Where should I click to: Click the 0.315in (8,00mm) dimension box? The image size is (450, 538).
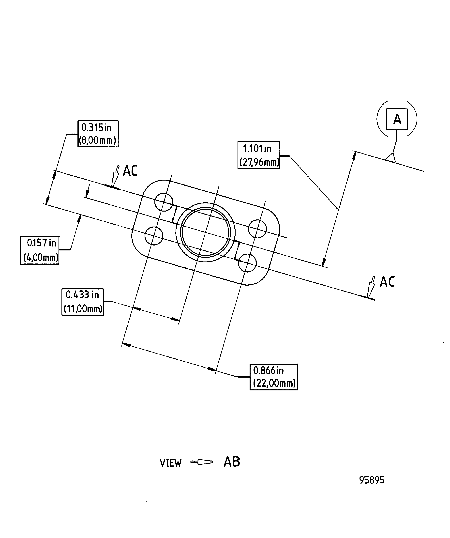[98, 134]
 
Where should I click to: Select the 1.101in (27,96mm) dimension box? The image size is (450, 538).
[259, 155]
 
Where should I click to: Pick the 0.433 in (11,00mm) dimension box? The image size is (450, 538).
[82, 302]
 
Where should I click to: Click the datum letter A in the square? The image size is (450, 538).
[397, 119]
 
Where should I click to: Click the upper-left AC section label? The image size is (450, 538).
[130, 171]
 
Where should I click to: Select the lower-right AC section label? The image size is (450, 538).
[387, 282]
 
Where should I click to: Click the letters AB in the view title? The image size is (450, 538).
[232, 462]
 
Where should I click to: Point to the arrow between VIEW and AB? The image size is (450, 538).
[202, 462]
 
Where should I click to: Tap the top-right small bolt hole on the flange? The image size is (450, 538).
[257, 229]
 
